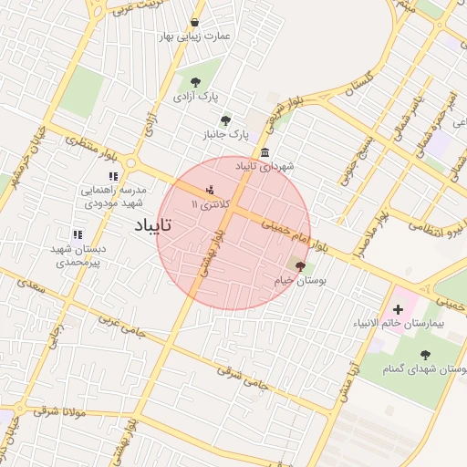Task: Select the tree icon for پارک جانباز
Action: tap(225, 119)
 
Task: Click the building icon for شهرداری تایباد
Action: tap(265, 152)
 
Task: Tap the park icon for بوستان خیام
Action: tap(300, 266)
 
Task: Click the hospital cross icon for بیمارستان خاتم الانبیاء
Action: tap(398, 310)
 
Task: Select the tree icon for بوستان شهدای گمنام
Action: tap(424, 355)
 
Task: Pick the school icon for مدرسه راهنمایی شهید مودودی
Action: tap(113, 176)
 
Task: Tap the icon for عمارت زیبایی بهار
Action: tap(194, 23)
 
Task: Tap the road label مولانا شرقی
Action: tap(59, 411)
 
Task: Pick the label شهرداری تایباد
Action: tap(265, 167)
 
